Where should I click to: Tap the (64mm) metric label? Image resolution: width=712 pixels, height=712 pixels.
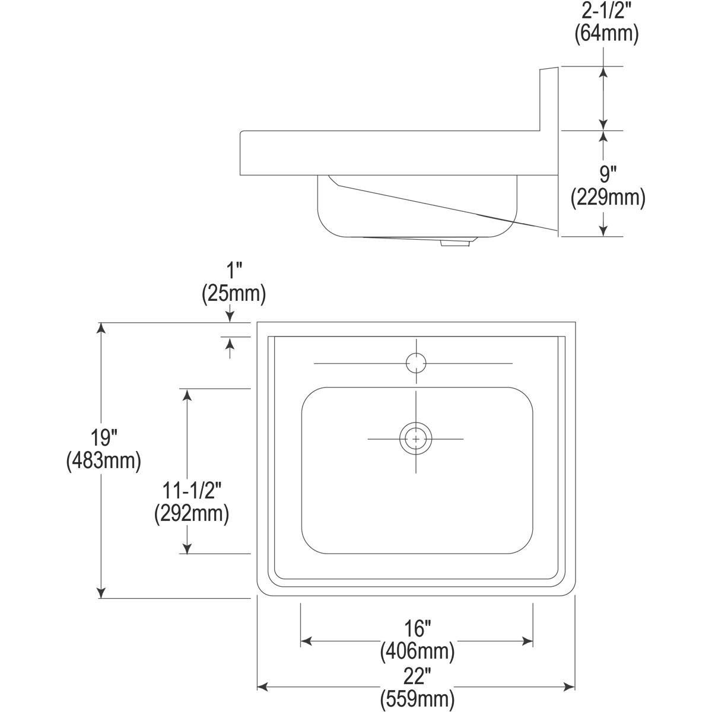tap(606, 34)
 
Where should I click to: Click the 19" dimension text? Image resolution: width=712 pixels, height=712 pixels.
tap(103, 438)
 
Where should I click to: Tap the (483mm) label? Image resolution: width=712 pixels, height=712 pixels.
tap(103, 460)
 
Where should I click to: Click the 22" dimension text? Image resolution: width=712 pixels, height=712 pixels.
tap(417, 675)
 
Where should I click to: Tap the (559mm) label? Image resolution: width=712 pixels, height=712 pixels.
tap(417, 698)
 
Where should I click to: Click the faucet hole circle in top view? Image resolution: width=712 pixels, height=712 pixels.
tap(416, 363)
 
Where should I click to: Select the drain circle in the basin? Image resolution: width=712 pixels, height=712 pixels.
tap(416, 438)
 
